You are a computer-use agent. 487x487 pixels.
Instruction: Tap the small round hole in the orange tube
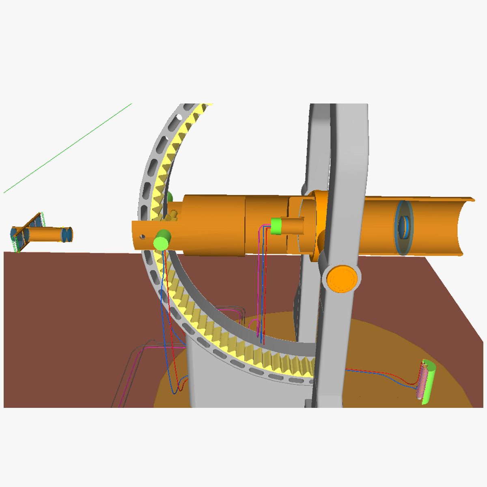142,236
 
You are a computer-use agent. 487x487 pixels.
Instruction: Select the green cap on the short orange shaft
276,226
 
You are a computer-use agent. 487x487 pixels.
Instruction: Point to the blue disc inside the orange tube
403,227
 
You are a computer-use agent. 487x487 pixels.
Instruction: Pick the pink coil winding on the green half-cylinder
422,381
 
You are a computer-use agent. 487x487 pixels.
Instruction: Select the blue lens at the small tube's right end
67,234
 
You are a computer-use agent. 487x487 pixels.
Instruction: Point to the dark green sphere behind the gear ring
170,198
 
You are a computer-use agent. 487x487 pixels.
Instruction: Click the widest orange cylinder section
213,225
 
